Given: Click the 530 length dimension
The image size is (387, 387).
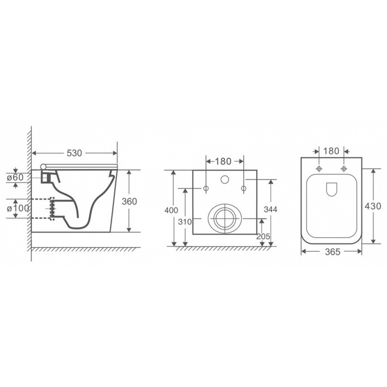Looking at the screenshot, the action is pyautogui.click(x=74, y=153).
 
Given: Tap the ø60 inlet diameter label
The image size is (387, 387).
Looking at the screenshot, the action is pyautogui.click(x=15, y=177).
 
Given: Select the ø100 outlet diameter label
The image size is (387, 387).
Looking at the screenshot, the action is pyautogui.click(x=18, y=208).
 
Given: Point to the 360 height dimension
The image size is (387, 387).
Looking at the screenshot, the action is pyautogui.click(x=129, y=201).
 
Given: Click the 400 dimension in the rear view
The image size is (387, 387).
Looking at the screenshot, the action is pyautogui.click(x=171, y=210).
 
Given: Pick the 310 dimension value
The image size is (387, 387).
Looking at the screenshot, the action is pyautogui.click(x=185, y=222).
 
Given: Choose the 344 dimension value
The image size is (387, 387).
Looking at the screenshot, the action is pyautogui.click(x=270, y=209).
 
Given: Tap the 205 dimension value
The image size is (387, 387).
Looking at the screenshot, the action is pyautogui.click(x=263, y=236).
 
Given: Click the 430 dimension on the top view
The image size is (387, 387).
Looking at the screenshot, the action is pyautogui.click(x=373, y=206).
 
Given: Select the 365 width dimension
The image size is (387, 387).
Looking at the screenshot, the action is pyautogui.click(x=333, y=252).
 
